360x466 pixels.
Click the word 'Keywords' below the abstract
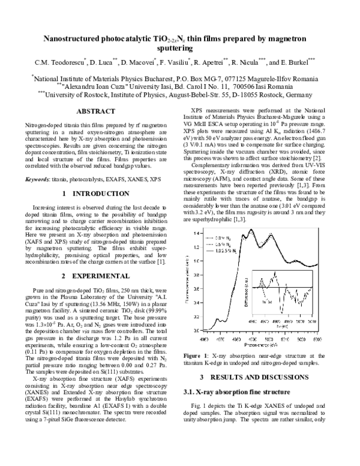pos(37,179)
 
